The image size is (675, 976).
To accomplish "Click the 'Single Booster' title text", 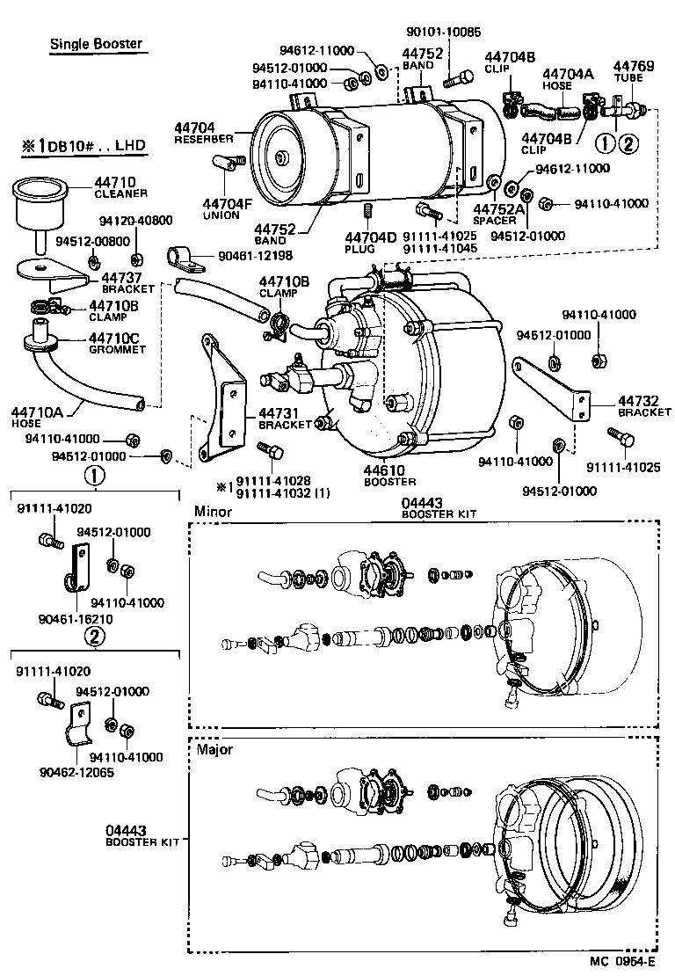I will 96,43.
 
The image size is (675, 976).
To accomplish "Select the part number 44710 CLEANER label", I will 120,186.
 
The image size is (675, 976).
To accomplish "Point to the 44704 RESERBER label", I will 203,133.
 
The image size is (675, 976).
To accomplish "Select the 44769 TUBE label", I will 633,71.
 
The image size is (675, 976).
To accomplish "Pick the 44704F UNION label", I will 221,208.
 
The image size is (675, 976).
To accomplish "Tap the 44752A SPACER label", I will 498,214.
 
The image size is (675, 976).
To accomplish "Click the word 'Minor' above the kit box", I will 213,512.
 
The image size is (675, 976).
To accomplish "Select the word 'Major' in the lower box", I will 214,749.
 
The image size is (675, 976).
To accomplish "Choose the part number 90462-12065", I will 76,772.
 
